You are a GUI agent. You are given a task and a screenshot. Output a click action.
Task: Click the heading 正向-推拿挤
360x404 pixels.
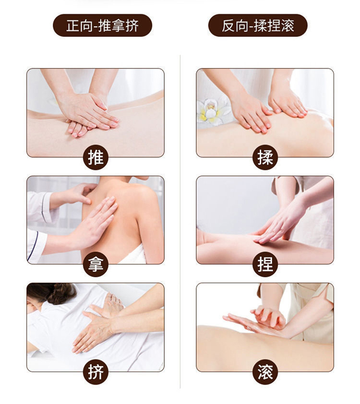(x=103, y=25)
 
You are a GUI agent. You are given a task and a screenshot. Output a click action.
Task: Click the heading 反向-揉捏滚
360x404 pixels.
(x=258, y=25)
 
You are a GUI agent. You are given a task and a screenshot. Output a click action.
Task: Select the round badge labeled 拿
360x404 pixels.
(x=96, y=264)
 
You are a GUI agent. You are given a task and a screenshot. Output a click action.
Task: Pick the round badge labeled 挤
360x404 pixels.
(x=96, y=372)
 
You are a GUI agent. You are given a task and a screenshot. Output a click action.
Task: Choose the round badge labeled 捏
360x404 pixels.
(x=265, y=264)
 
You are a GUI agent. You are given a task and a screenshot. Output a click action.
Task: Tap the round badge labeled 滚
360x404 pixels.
(x=265, y=372)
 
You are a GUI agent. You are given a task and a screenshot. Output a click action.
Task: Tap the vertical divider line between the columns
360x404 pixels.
(x=180, y=222)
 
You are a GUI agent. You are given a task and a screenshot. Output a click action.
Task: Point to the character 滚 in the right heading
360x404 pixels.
(x=288, y=25)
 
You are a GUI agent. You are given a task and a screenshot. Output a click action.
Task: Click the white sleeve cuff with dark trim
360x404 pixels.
(x=36, y=246)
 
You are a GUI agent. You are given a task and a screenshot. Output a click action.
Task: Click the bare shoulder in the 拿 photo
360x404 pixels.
(x=144, y=196)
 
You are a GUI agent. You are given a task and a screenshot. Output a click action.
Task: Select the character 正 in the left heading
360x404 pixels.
(x=73, y=25)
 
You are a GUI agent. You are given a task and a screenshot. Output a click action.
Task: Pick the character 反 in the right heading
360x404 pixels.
(x=228, y=25)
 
